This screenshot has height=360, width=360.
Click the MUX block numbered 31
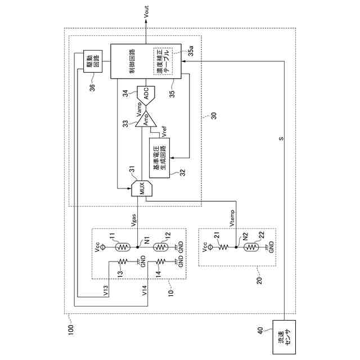(x=141, y=187)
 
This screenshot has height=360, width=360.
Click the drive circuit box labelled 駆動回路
(x=91, y=61)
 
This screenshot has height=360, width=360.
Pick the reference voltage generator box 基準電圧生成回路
(x=160, y=157)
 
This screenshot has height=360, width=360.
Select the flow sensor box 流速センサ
(x=285, y=336)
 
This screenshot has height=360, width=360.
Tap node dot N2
(x=236, y=246)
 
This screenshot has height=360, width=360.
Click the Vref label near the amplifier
(x=163, y=132)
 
